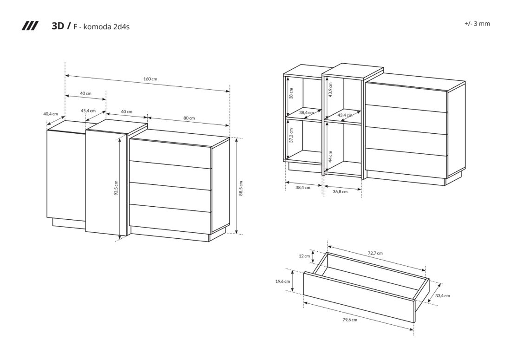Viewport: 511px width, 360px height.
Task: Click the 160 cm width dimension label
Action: tap(150, 79)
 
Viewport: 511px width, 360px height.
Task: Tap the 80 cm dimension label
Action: tap(189, 118)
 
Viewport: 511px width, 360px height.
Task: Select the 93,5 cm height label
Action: tap(116, 188)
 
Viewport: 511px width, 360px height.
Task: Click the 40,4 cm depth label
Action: tap(50, 114)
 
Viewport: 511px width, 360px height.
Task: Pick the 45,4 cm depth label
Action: tap(88, 111)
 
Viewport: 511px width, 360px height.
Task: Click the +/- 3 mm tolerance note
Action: tap(477, 24)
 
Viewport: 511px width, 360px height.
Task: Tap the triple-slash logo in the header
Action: tap(30, 26)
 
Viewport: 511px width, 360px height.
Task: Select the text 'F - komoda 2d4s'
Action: tap(101, 26)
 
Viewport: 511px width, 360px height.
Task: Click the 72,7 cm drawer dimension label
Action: tap(375, 253)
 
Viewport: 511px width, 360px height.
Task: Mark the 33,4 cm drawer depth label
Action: tap(442, 295)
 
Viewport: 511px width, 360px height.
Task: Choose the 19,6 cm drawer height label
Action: tap(282, 281)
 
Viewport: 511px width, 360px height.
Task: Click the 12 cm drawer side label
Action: tap(304, 256)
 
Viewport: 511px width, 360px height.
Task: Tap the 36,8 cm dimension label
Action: tap(340, 191)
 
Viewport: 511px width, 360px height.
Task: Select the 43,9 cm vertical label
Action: tap(331, 90)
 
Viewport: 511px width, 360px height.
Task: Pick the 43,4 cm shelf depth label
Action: tap(345, 115)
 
